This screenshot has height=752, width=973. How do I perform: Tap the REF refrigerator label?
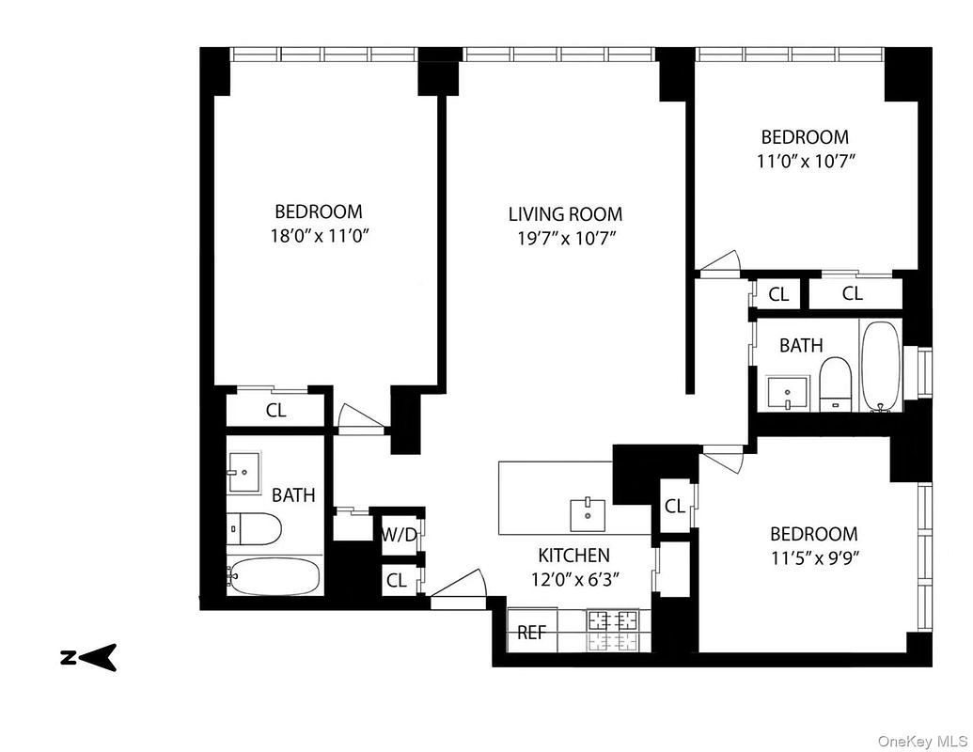click(531, 633)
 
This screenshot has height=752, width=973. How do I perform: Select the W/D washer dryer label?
click(399, 535)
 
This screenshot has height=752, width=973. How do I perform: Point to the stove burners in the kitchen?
click(612, 631)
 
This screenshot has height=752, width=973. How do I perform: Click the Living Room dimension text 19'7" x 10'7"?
click(565, 238)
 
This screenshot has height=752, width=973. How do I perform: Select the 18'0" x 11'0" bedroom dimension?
click(318, 235)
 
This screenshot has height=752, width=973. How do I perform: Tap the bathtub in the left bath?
click(275, 575)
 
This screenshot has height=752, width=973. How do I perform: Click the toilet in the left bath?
click(256, 529)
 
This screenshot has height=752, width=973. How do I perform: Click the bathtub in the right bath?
click(881, 367)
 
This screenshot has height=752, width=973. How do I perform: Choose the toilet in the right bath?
click(834, 385)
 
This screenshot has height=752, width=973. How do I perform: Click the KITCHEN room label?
click(573, 556)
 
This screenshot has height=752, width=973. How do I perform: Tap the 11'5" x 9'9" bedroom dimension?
click(813, 556)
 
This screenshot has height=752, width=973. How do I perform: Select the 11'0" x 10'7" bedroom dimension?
click(805, 160)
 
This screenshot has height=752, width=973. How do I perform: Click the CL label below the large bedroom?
click(275, 411)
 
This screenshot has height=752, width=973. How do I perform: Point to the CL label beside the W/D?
click(397, 581)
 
